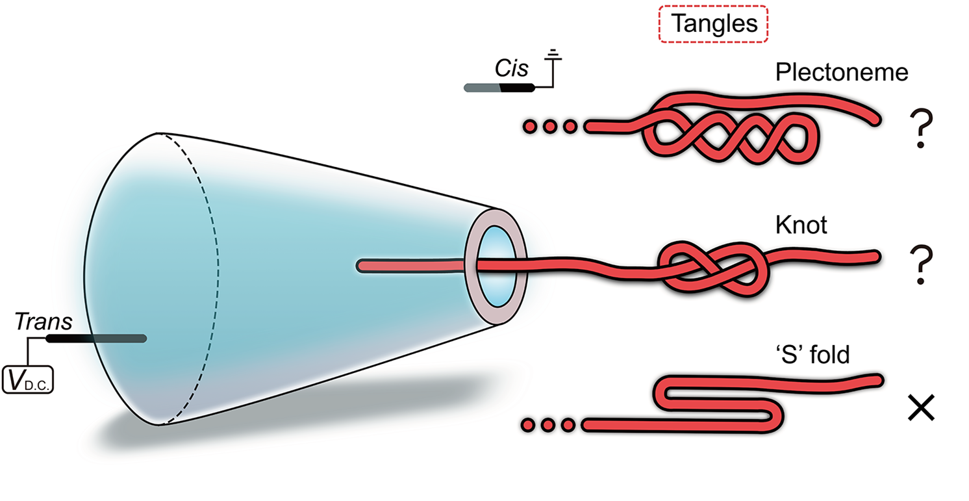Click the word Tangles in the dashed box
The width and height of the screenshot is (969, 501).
(x=714, y=24)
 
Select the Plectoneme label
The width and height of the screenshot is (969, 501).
(x=841, y=72)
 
